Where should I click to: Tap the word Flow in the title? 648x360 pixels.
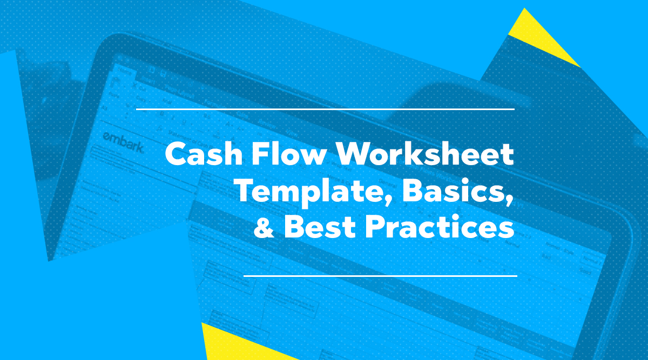point(292,155)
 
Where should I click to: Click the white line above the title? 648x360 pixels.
point(325,110)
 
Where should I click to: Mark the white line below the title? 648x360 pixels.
point(380,276)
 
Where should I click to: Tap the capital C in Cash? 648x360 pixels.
point(177,155)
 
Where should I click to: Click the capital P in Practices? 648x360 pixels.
point(376,227)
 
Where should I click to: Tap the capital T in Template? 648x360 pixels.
point(247,192)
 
